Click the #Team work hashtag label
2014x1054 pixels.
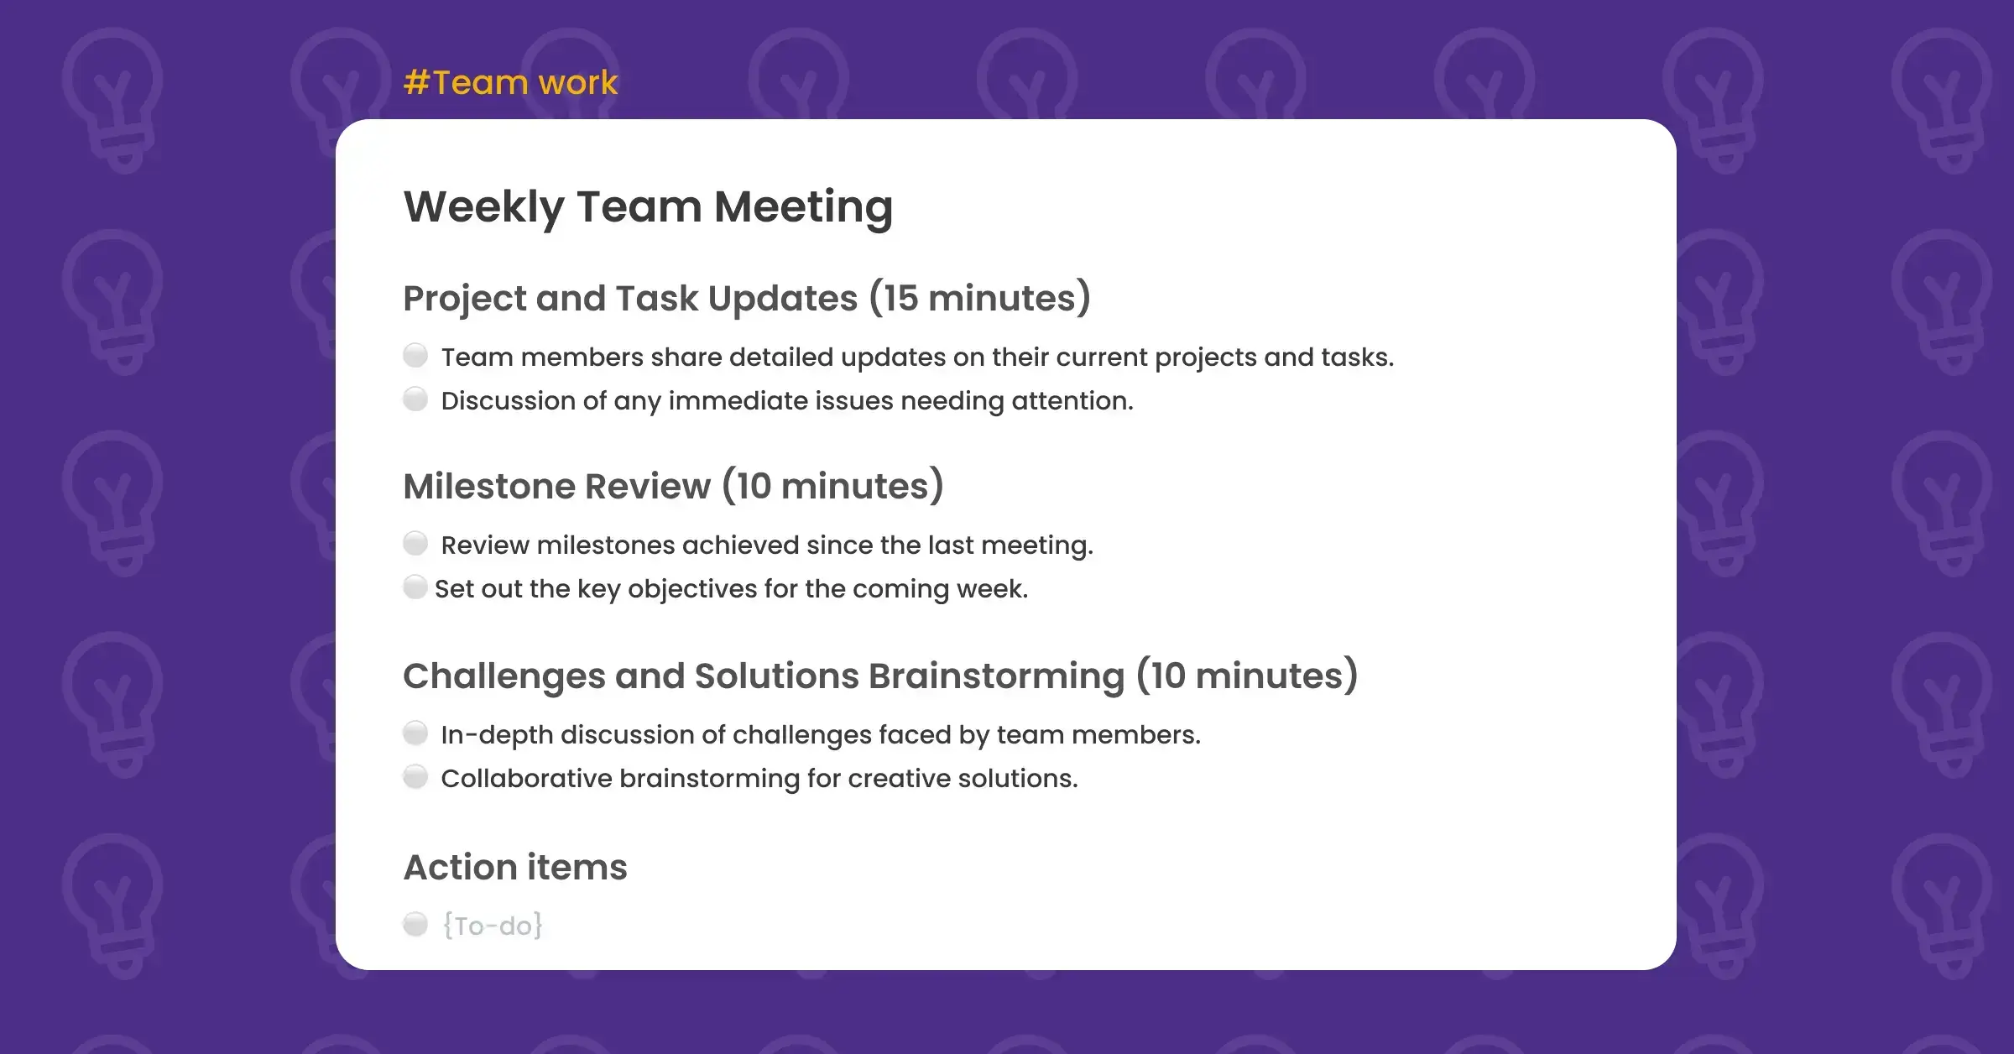tap(510, 83)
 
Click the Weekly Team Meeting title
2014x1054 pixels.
tap(648, 206)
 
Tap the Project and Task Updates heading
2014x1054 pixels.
tap(746, 299)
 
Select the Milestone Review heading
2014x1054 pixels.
tap(673, 487)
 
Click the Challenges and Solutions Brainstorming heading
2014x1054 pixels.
tap(879, 676)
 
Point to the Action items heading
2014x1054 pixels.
tap(515, 868)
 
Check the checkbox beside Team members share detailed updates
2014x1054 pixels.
tap(415, 355)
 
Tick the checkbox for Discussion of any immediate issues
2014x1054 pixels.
tap(415, 399)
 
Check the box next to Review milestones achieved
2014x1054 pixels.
tap(415, 543)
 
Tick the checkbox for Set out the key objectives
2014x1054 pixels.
tap(415, 587)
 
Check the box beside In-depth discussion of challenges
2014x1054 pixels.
tap(415, 733)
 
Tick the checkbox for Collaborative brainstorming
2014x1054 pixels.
tap(415, 776)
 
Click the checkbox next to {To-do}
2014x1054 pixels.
tap(415, 924)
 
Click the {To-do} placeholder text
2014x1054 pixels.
tap(493, 926)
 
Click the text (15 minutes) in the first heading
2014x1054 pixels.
tap(979, 299)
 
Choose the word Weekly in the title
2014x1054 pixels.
tap(483, 206)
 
